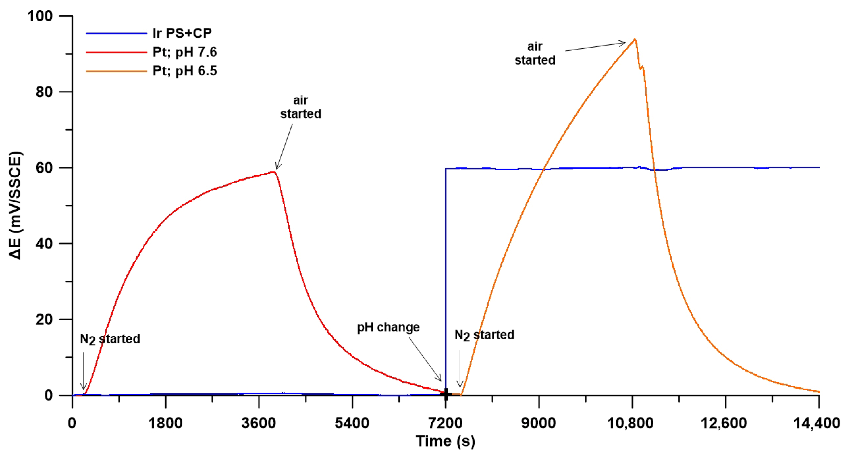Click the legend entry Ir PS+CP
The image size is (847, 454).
pos(182,33)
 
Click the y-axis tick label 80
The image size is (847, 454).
pos(44,92)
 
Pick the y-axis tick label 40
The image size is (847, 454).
pos(44,244)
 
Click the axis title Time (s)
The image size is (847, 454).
pos(446,441)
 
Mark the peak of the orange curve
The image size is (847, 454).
pos(635,39)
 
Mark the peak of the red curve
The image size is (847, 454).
pos(273,171)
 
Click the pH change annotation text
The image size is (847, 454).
pos(388,327)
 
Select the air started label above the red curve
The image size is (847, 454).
pos(301,107)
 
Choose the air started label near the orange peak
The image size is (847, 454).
pos(535,53)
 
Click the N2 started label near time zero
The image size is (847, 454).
pos(110,339)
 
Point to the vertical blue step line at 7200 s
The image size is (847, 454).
pos(446,279)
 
